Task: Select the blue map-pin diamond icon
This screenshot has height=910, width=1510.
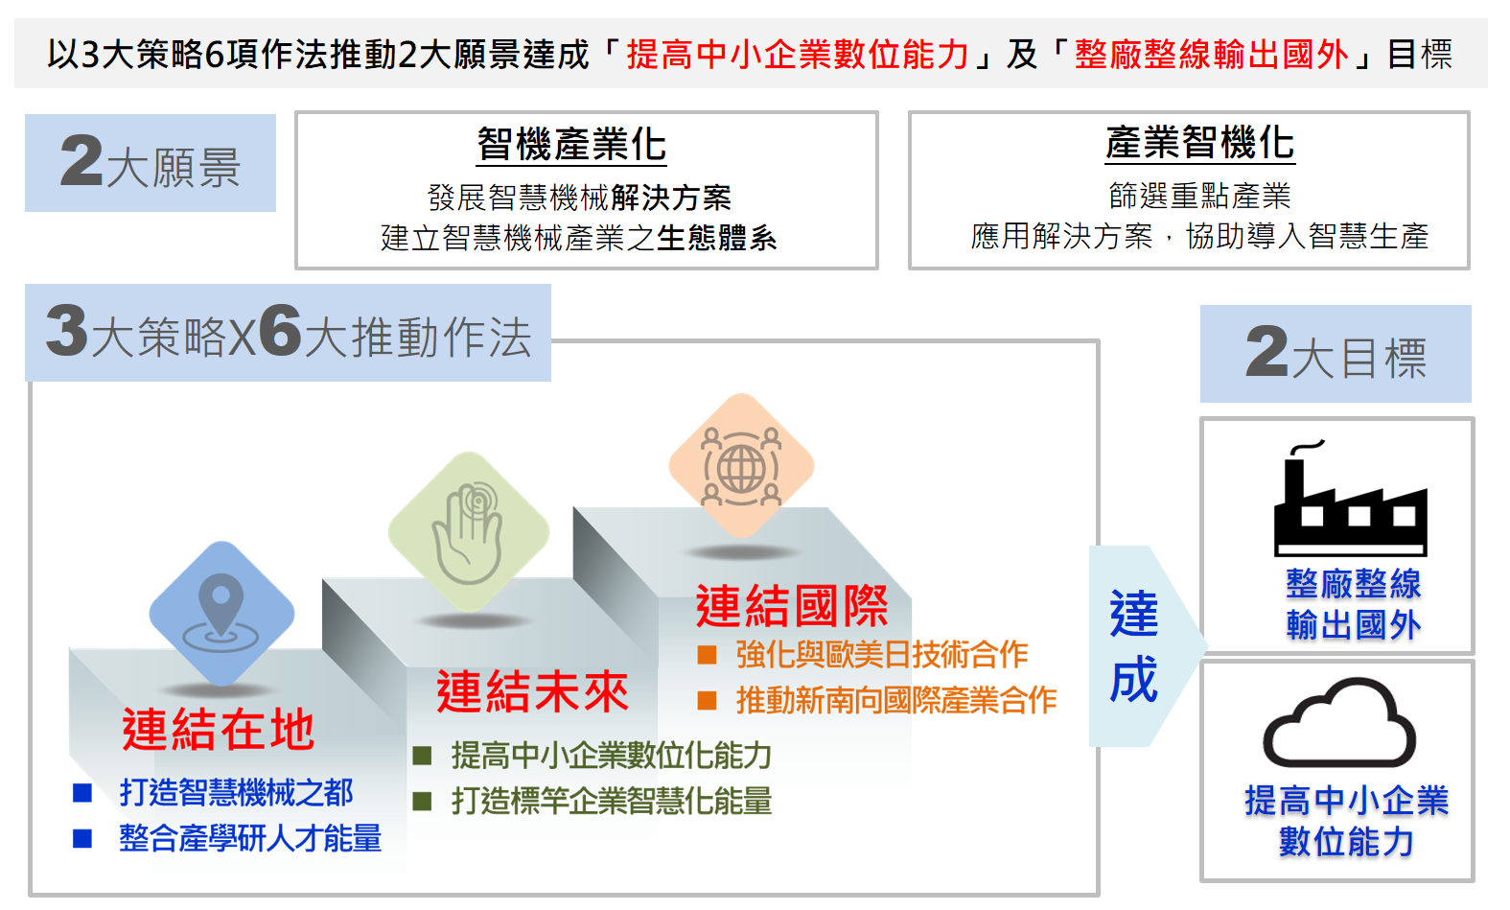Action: point(221,614)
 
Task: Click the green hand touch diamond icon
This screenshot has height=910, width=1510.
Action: point(469,532)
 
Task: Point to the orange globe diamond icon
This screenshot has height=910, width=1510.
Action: point(741,466)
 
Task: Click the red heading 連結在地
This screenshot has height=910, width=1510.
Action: point(219,730)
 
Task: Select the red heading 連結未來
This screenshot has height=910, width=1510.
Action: point(532,691)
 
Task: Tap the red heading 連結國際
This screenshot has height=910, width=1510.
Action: point(792,606)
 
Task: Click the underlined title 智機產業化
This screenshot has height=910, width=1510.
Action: point(571,144)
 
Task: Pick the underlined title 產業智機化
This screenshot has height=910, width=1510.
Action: point(1200,143)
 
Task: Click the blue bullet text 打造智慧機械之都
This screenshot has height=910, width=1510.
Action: point(236,793)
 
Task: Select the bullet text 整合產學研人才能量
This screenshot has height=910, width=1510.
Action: point(250,838)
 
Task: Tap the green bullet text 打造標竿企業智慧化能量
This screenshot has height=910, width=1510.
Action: point(612,801)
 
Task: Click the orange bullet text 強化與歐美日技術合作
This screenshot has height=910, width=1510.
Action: point(882,655)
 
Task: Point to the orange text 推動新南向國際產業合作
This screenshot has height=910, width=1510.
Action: point(895,700)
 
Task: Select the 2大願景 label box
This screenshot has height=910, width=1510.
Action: point(151,163)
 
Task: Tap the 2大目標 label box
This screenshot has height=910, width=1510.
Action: point(1336,354)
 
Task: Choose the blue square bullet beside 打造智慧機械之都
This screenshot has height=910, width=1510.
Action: point(82,793)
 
